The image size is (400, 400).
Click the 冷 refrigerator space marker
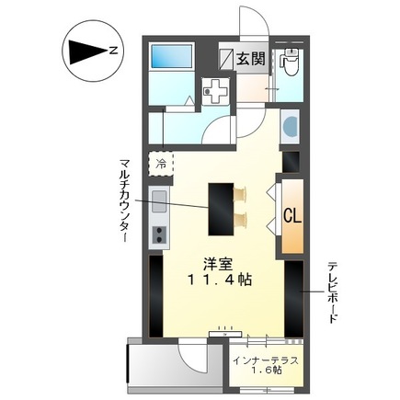coord(161,163)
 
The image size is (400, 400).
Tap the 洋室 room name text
coord(216,260)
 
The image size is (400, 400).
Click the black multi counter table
coord(221,209)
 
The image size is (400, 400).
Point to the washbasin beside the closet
coord(290,126)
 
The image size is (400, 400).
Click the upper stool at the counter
coord(243,193)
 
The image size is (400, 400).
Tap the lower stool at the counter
coord(243,219)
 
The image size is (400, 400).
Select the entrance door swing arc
coord(253,23)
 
